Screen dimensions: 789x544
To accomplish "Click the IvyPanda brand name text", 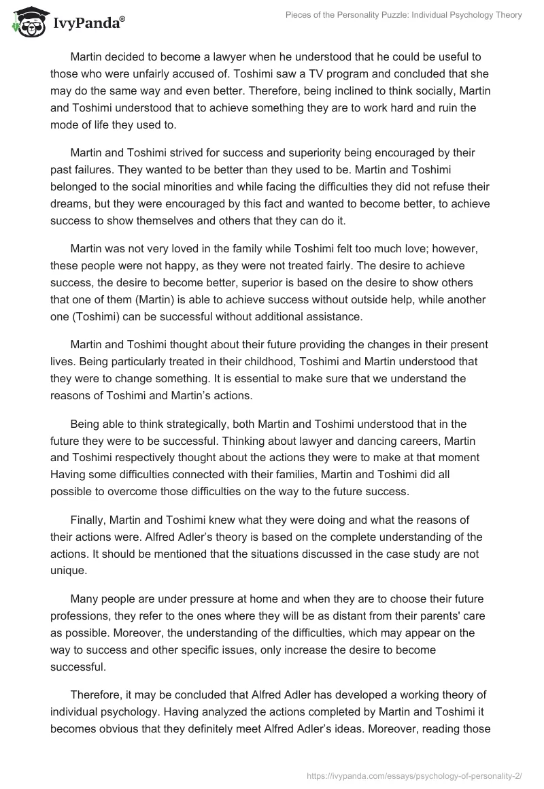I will click(x=86, y=23).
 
